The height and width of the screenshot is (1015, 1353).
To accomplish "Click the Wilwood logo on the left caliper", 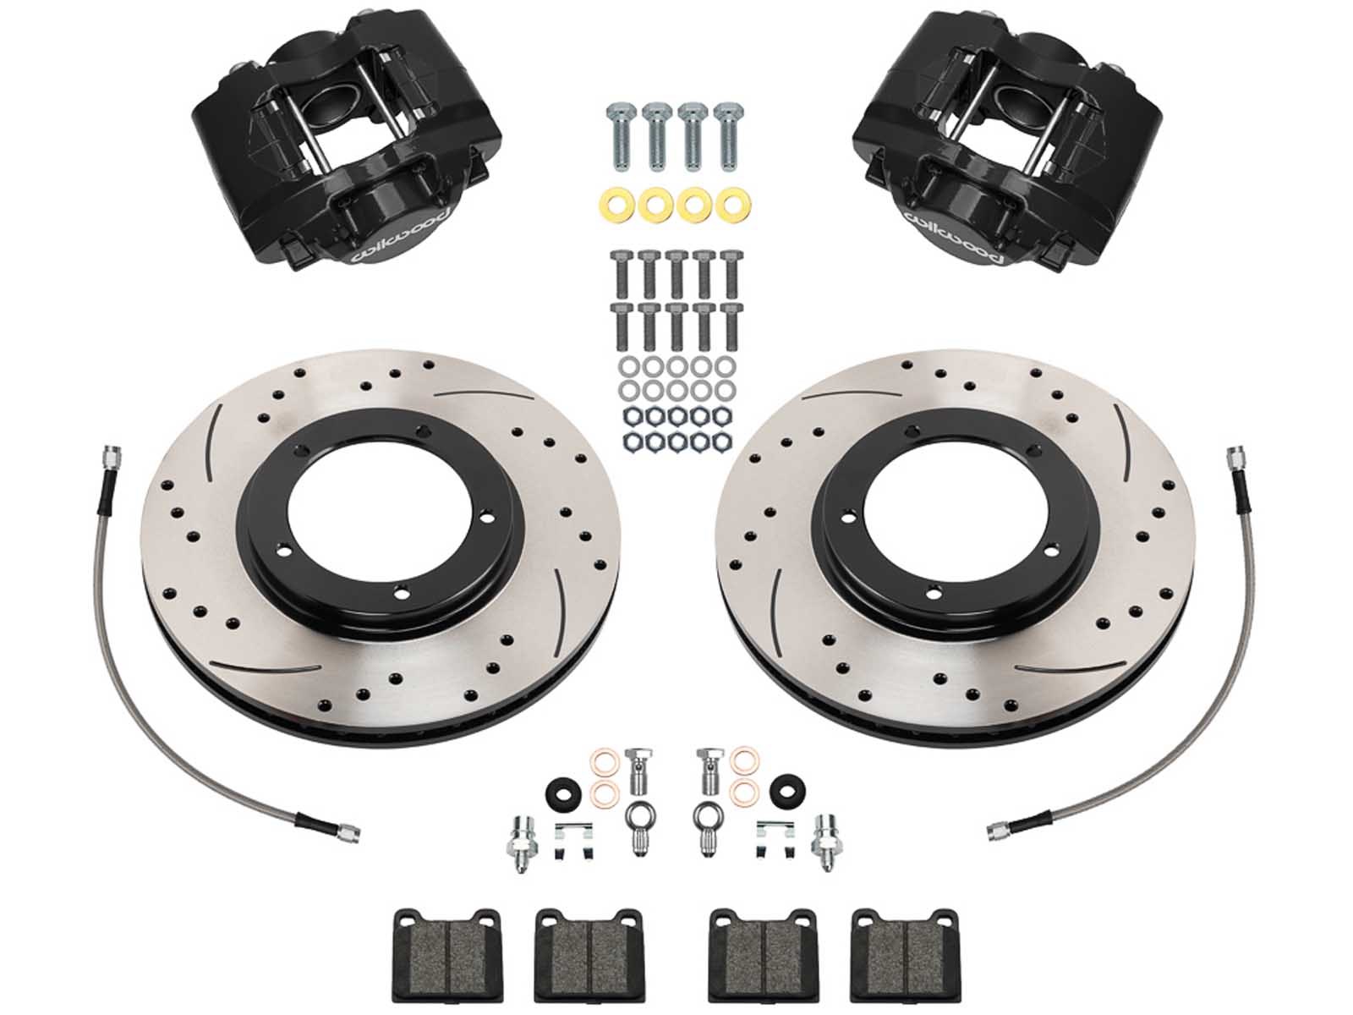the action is pyautogui.click(x=402, y=236).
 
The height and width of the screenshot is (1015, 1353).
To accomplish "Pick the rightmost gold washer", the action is pyautogui.click(x=733, y=206).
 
